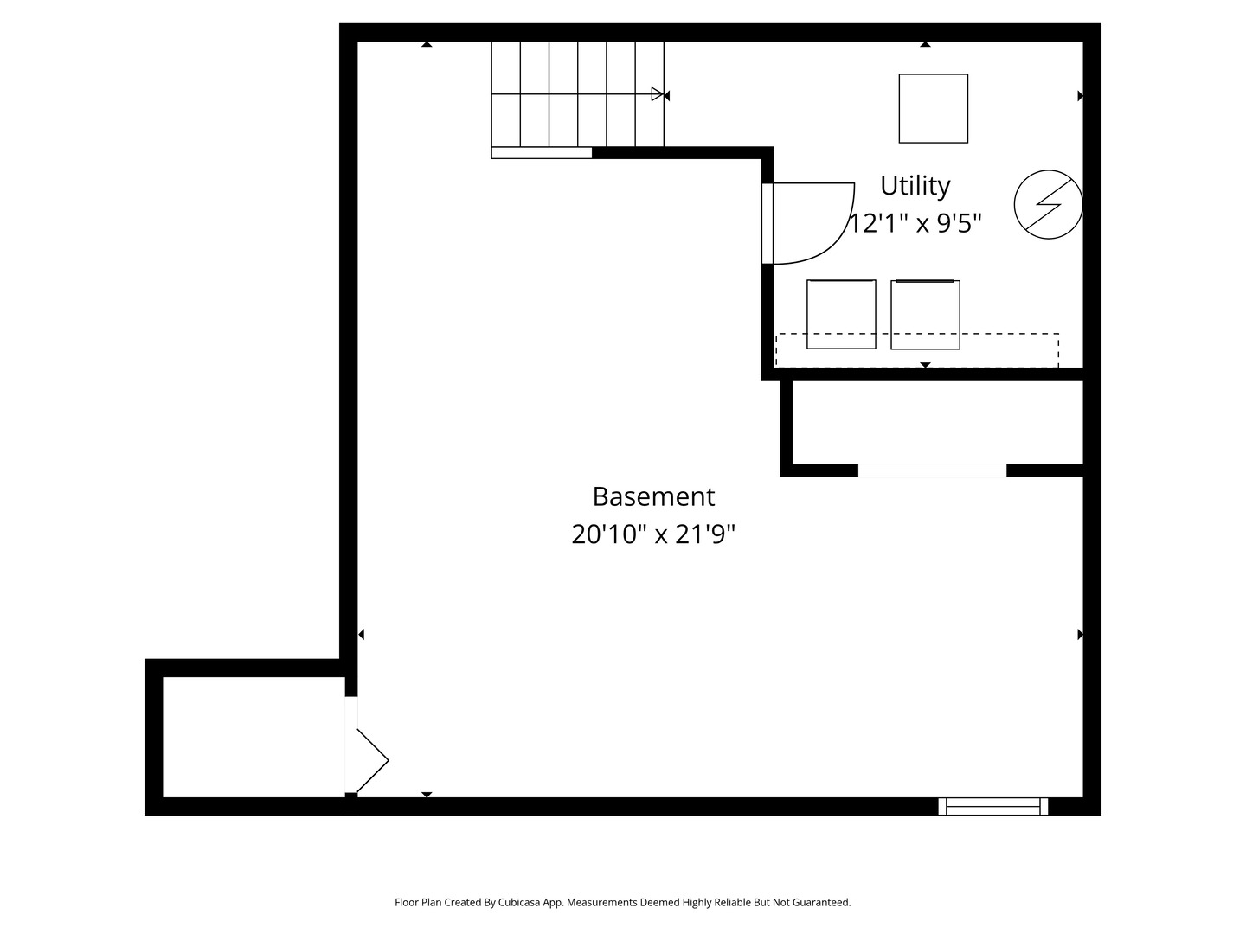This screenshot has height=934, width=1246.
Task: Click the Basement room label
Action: (653, 496)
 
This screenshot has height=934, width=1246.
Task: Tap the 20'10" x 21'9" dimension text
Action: (653, 534)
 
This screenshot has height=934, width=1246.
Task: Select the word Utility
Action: (915, 185)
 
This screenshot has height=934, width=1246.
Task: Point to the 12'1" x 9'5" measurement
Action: (915, 223)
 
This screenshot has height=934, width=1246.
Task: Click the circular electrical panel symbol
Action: (1048, 204)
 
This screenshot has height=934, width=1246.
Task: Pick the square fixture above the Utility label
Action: (933, 108)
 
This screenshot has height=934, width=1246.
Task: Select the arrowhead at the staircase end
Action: (659, 94)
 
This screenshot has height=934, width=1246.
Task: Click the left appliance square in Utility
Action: (841, 314)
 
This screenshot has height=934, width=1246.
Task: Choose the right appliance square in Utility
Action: (925, 314)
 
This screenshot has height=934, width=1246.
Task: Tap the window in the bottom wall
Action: (993, 806)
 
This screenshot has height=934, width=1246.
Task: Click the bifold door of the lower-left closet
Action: (372, 760)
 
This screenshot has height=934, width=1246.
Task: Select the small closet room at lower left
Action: (253, 737)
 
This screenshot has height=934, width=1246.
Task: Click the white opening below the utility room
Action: (932, 470)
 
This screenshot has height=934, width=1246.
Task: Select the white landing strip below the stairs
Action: (541, 153)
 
